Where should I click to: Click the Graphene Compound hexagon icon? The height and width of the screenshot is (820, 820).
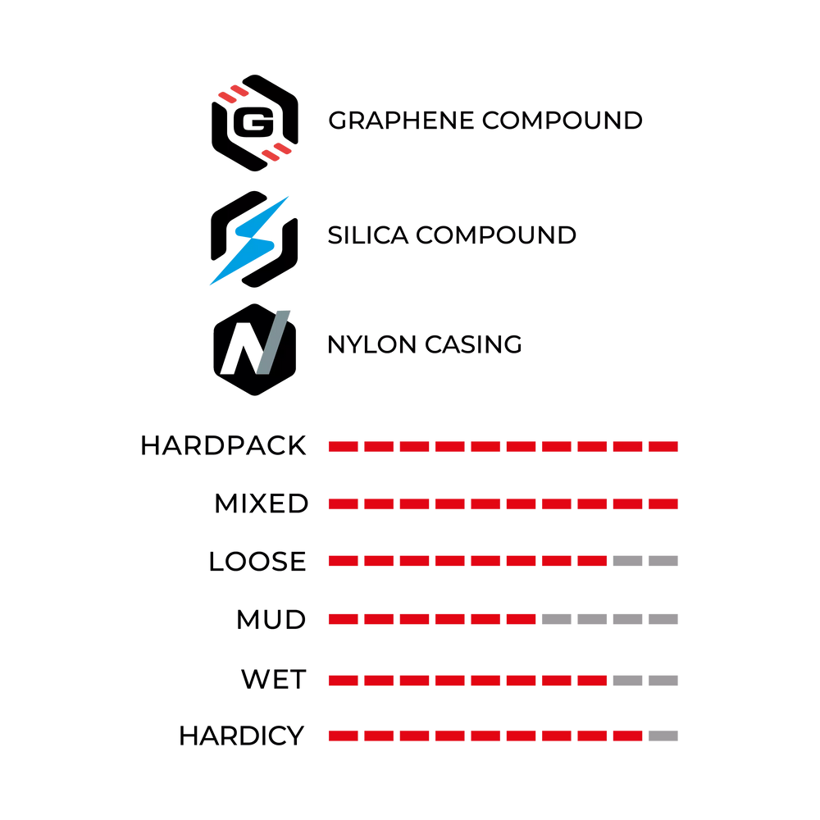pyautogui.click(x=255, y=123)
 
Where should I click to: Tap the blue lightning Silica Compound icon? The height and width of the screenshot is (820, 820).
pyautogui.click(x=254, y=239)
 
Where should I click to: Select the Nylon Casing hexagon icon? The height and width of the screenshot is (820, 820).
pyautogui.click(x=255, y=349)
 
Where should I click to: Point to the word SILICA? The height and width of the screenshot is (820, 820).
pyautogui.click(x=367, y=235)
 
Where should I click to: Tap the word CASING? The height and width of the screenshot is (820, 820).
pyautogui.click(x=473, y=344)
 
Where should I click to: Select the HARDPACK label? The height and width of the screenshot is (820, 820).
pyautogui.click(x=223, y=446)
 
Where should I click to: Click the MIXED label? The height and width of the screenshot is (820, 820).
pyautogui.click(x=262, y=503)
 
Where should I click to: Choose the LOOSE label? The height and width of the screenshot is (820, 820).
pyautogui.click(x=257, y=562)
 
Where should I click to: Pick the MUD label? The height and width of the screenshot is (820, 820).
pyautogui.click(x=271, y=620)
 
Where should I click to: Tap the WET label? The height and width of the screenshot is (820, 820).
pyautogui.click(x=274, y=680)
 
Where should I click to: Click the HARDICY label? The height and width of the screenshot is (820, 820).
pyautogui.click(x=242, y=736)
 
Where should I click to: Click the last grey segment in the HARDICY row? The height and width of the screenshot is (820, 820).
pyautogui.click(x=663, y=736)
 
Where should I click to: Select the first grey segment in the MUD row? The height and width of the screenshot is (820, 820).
pyautogui.click(x=557, y=619)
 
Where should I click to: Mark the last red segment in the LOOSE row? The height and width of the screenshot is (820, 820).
pyautogui.click(x=592, y=561)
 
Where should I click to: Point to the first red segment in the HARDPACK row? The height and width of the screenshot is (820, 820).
pyautogui.click(x=343, y=446)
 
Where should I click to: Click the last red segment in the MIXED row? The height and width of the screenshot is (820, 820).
pyautogui.click(x=663, y=503)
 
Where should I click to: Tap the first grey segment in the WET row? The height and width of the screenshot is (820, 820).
pyautogui.click(x=627, y=681)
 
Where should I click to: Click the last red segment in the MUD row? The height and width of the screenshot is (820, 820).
pyautogui.click(x=521, y=619)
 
